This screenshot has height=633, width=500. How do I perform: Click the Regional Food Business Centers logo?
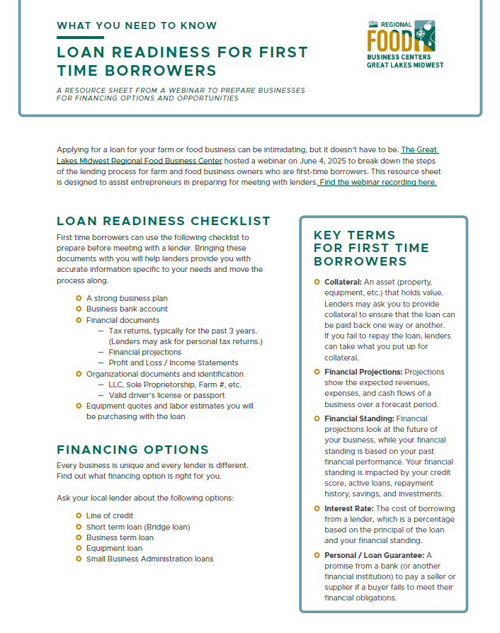[404, 43]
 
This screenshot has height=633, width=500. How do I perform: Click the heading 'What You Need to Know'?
[137, 25]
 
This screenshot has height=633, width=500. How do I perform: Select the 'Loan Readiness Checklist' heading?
[164, 221]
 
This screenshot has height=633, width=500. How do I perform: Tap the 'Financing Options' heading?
[132, 450]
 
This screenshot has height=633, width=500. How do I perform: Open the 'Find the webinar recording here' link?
[377, 183]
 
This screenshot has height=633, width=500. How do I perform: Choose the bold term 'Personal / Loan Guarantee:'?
[374, 555]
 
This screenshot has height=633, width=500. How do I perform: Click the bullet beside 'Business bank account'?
[79, 309]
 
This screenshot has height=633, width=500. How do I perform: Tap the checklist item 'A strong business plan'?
[127, 298]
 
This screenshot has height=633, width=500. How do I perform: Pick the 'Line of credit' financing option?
[110, 515]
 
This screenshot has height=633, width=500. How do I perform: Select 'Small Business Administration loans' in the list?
[149, 559]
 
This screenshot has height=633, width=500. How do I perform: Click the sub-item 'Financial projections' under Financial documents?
[144, 352]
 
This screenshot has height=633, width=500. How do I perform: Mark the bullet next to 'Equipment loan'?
[79, 548]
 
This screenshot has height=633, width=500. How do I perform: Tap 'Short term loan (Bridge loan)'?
[138, 527]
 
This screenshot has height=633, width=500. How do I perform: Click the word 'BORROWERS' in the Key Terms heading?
[360, 261]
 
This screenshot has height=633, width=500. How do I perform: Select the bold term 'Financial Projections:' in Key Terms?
[363, 372]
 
